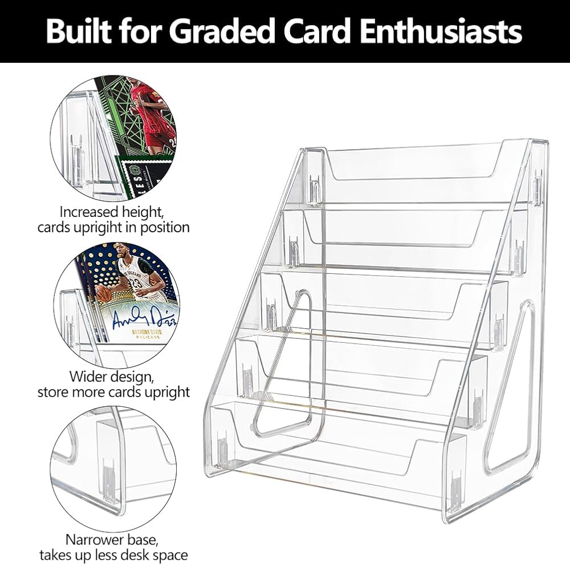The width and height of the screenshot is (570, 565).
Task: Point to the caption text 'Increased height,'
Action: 112,212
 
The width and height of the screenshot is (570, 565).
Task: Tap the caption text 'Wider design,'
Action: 112,377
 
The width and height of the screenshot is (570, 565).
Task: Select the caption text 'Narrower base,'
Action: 112,539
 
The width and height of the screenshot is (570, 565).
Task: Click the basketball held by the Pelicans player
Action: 103,293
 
